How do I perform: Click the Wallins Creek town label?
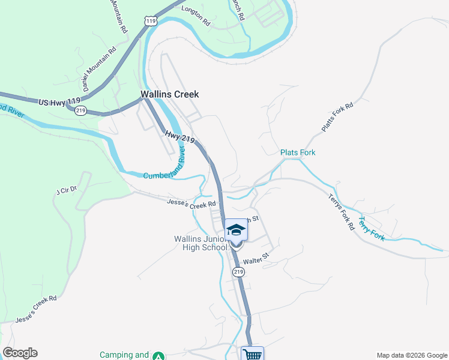pyautogui.click(x=169, y=94)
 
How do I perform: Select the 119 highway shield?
pyautogui.click(x=151, y=21)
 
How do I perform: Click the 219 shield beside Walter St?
pyautogui.click(x=239, y=272)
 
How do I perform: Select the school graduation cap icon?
pyautogui.click(x=236, y=230)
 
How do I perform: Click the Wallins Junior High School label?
pyautogui.click(x=197, y=244)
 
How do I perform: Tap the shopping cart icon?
pyautogui.click(x=253, y=354)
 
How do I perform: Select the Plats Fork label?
pyautogui.click(x=298, y=152)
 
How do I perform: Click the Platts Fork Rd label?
pyautogui.click(x=337, y=116)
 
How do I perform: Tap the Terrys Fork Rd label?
pyautogui.click(x=341, y=213)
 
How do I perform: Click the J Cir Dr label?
pyautogui.click(x=67, y=191)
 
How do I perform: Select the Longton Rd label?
pyautogui.click(x=196, y=16)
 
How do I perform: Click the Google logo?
pyautogui.click(x=20, y=353)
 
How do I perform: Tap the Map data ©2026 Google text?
pyautogui.click(x=411, y=355)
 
